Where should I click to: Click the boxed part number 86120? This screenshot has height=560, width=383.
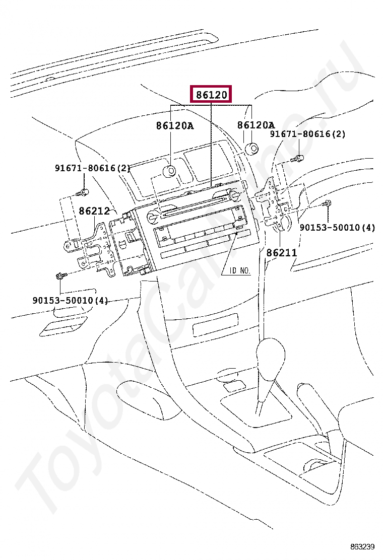pyautogui.click(x=211, y=95)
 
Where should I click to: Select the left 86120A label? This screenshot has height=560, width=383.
pyautogui.click(x=174, y=126)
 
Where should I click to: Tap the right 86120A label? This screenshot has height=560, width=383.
pyautogui.click(x=256, y=125)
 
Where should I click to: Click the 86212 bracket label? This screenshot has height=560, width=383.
pyautogui.click(x=94, y=211)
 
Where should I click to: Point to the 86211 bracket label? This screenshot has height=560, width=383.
pyautogui.click(x=281, y=253)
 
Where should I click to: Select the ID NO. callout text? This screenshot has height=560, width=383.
pyautogui.click(x=240, y=271)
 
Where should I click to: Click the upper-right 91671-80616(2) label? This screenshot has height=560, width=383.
pyautogui.click(x=307, y=134)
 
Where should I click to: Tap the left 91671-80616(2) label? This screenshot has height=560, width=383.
pyautogui.click(x=93, y=168)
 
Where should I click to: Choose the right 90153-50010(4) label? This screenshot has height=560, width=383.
pyautogui.click(x=337, y=228)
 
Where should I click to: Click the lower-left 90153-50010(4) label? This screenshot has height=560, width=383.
pyautogui.click(x=70, y=301)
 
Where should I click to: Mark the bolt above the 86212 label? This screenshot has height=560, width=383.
pyautogui.click(x=83, y=192)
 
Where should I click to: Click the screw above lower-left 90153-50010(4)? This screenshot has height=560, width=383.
pyautogui.click(x=59, y=276)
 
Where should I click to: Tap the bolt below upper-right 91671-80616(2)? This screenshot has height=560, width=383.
pyautogui.click(x=298, y=159)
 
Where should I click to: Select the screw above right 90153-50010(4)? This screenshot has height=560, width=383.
pyautogui.click(x=327, y=203)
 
